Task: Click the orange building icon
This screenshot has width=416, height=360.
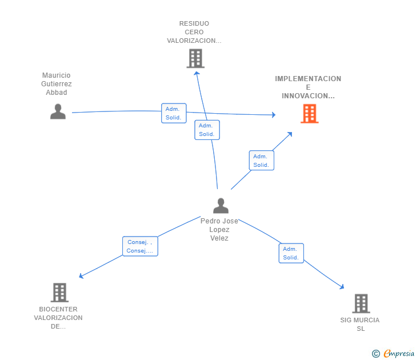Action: pyautogui.click(x=309, y=114)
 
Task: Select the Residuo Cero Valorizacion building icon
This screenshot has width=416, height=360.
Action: pyautogui.click(x=195, y=58)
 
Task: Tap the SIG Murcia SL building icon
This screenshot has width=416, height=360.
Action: pyautogui.click(x=361, y=303)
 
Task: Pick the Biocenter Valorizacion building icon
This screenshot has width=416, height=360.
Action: pyautogui.click(x=59, y=292)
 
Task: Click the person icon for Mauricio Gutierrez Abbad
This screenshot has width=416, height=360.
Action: pyautogui.click(x=58, y=111)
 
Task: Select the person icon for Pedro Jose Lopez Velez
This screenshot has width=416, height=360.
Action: pyautogui.click(x=221, y=206)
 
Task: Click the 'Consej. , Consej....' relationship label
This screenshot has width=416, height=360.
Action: pyautogui.click(x=140, y=246)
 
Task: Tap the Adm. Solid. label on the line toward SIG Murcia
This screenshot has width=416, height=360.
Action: pyautogui.click(x=291, y=253)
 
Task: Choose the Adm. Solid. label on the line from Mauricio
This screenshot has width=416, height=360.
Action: pyautogui.click(x=174, y=113)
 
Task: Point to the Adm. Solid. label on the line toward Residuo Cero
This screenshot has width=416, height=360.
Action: pyautogui.click(x=207, y=130)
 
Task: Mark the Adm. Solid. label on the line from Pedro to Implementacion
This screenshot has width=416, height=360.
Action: pyautogui.click(x=261, y=161)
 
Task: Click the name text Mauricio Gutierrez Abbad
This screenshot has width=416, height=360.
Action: pyautogui.click(x=57, y=84)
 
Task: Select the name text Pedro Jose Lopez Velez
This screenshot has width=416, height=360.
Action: pyautogui.click(x=219, y=230)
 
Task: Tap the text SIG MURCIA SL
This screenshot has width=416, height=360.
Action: pyautogui.click(x=360, y=324)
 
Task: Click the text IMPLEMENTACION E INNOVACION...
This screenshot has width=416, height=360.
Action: pyautogui.click(x=308, y=87)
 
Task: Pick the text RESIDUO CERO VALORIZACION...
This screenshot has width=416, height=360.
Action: pyautogui.click(x=194, y=32)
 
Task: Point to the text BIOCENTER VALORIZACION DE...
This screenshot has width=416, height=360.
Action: pyautogui.click(x=58, y=318)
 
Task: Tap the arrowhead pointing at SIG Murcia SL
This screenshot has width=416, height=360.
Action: pyautogui.click(x=342, y=287)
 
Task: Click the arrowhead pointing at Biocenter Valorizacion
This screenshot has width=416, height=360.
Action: pyautogui.click(x=81, y=277)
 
